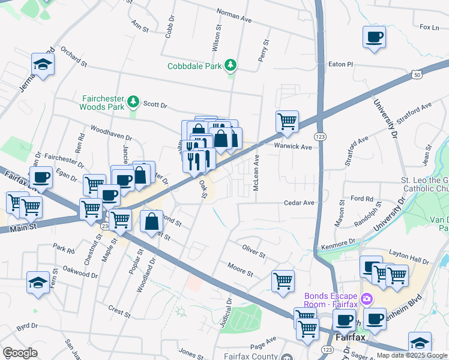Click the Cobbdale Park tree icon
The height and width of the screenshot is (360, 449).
[x=230, y=65]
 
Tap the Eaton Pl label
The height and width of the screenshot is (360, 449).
[x=341, y=64]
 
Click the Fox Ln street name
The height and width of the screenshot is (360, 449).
[x=429, y=27]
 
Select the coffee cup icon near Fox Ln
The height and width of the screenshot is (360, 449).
[x=374, y=38]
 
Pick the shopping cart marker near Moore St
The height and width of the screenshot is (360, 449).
[x=283, y=281]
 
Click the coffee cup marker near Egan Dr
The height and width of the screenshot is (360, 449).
[x=41, y=178]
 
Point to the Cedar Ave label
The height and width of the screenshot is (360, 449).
[x=300, y=203]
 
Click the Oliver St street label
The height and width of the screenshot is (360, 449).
[x=253, y=251]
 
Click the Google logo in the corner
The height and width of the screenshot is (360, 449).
[x=20, y=352]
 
